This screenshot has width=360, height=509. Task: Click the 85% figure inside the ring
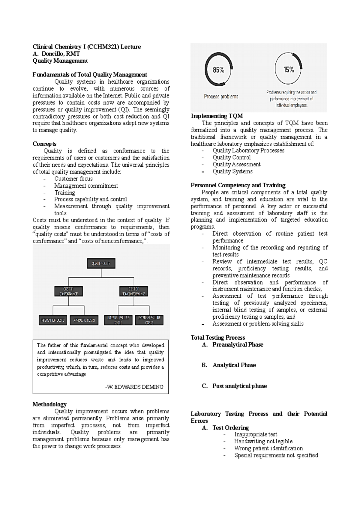point(218,70)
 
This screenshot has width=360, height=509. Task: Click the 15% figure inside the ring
point(289,70)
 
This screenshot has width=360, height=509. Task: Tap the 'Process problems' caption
point(221,97)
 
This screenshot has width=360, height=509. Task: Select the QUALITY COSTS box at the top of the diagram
point(101,263)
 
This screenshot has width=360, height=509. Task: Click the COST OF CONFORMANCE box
point(68,291)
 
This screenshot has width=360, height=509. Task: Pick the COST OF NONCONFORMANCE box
point(133,291)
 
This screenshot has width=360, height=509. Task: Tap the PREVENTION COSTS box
point(53,320)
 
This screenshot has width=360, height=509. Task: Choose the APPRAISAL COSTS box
point(84,320)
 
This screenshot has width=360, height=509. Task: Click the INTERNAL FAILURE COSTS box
point(118,320)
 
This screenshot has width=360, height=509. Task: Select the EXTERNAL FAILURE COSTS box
point(149,320)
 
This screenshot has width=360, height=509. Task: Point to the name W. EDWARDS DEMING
point(134,387)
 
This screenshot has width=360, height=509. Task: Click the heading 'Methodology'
point(49,404)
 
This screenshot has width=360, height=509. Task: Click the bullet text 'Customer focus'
point(73,179)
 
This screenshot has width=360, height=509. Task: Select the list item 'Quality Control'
point(231,157)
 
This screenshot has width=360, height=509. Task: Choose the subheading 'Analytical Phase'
point(234,365)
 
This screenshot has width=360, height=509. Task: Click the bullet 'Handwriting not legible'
point(263,441)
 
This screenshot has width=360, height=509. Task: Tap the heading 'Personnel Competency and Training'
point(238,185)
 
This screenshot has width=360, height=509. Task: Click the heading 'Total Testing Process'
point(218,338)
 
